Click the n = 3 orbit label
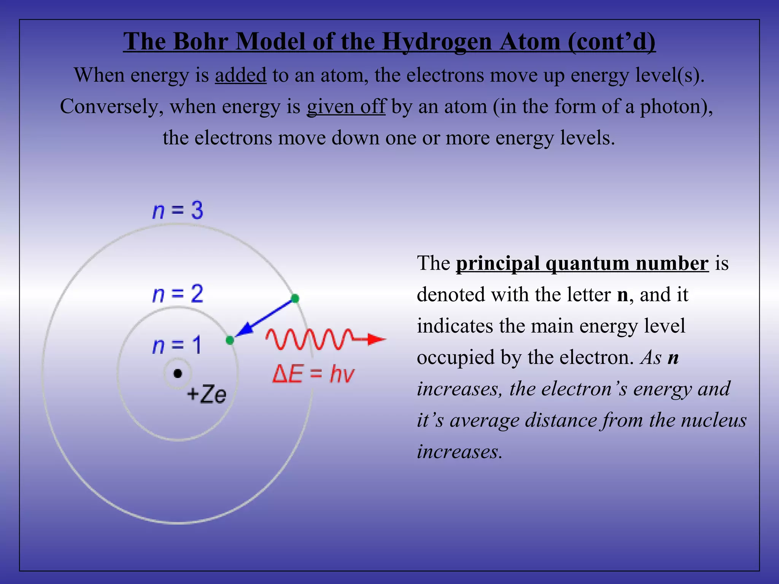tap(178, 210)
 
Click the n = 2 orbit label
tap(178, 294)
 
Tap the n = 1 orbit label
tap(176, 345)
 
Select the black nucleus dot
tap(178, 374)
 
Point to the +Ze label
tap(207, 394)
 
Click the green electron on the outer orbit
tap(295, 298)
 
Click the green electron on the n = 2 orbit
tap(230, 340)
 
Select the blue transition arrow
tap(264, 319)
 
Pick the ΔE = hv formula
tap(313, 374)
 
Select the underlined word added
tap(240, 75)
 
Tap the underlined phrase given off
tap(346, 106)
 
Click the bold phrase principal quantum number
tap(582, 263)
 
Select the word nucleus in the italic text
tap(714, 420)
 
